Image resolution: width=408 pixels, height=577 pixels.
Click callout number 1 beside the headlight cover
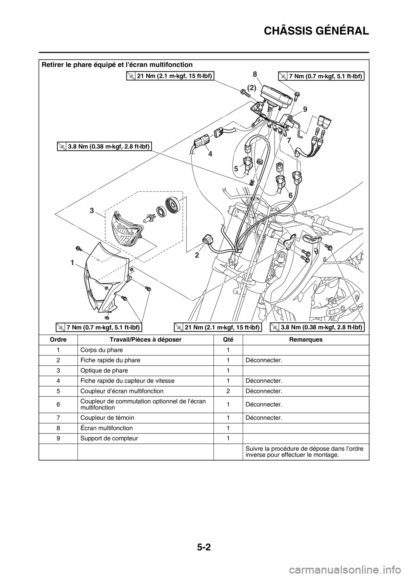tap(73, 264)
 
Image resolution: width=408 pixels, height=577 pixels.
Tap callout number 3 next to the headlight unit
tap(91, 211)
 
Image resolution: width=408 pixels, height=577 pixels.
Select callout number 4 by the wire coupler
tap(210, 155)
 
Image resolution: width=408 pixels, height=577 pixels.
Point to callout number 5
tap(236, 169)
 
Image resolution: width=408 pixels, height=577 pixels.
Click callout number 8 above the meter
tap(255, 74)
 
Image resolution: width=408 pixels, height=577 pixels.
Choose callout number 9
tap(305, 109)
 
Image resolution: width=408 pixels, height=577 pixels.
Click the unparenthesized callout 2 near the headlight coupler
tap(197, 255)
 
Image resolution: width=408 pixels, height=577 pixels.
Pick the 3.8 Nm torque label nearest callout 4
tap(105, 147)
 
